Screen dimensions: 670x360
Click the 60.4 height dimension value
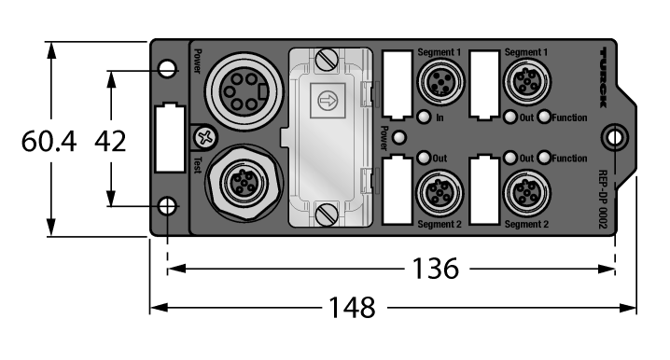tap(49, 142)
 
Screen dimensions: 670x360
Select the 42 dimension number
tap(110, 142)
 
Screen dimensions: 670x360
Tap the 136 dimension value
tap(436, 269)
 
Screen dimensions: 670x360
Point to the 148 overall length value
tap(352, 308)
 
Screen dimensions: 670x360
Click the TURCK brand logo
tap(603, 77)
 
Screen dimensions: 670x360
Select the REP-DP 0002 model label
tap(603, 200)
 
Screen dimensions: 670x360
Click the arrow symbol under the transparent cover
tap(328, 102)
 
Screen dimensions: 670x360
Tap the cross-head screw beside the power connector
tap(205, 137)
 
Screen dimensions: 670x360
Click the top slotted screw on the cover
tap(327, 60)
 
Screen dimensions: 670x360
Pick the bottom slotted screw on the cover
tap(327, 215)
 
